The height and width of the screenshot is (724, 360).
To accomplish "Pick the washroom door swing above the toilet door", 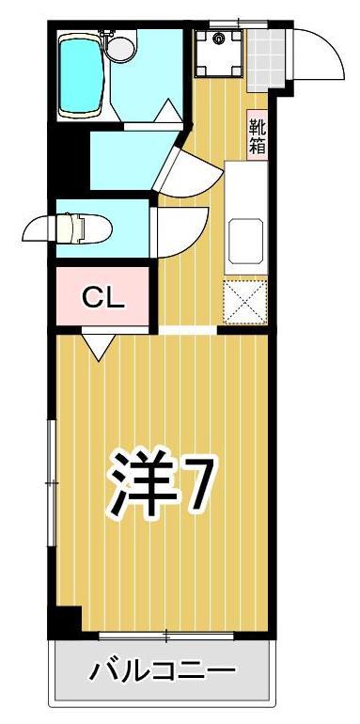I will pyautogui.click(x=188, y=169).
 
